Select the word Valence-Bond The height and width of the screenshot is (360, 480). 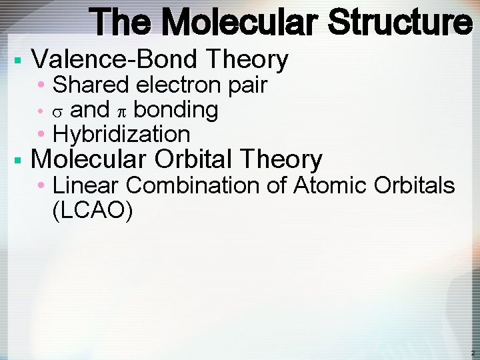[x=117, y=60]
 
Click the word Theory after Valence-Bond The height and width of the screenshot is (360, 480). [x=248, y=60]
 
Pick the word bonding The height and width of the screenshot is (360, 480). [x=175, y=110]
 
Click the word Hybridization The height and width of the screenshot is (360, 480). [x=121, y=135]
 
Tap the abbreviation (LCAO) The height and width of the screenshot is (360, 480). [x=92, y=211]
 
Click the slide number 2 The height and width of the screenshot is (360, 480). [x=473, y=353]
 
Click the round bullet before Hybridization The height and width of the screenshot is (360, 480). [x=42, y=135]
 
